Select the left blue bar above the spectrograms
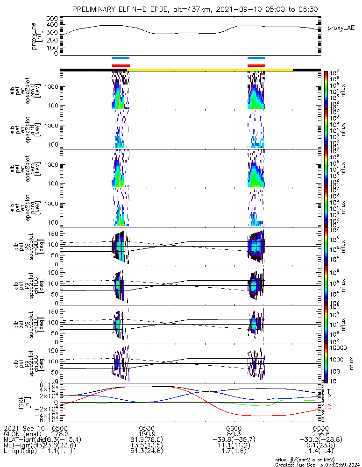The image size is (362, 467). coord(121,58)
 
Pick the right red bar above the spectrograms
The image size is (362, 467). coord(256,65)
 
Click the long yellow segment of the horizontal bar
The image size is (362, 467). coord(210,70)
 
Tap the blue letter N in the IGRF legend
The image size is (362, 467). coord(329,395)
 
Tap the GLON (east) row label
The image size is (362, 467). coord(23,434)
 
